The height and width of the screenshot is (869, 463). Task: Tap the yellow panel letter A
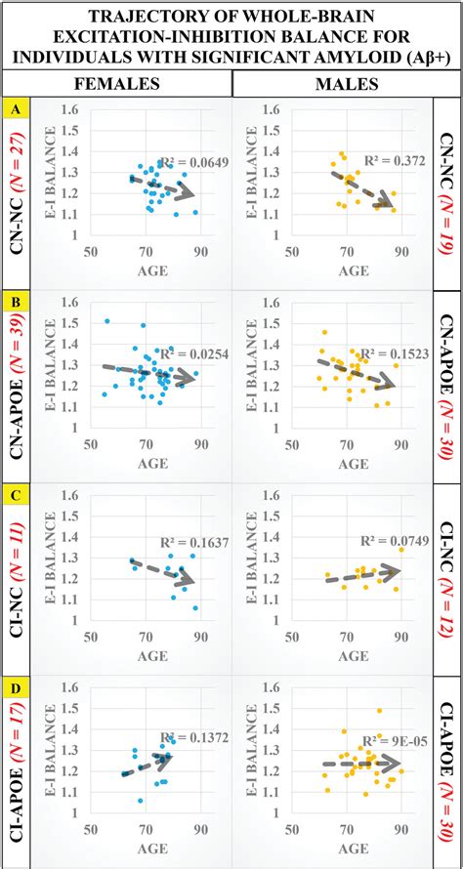pyautogui.click(x=13, y=109)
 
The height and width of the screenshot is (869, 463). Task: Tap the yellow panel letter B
pyautogui.click(x=13, y=299)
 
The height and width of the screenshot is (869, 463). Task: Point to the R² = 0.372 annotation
pyautogui.click(x=396, y=160)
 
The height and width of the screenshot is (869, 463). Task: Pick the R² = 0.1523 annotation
pyautogui.click(x=394, y=353)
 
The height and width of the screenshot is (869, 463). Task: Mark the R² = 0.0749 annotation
pyautogui.click(x=394, y=538)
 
